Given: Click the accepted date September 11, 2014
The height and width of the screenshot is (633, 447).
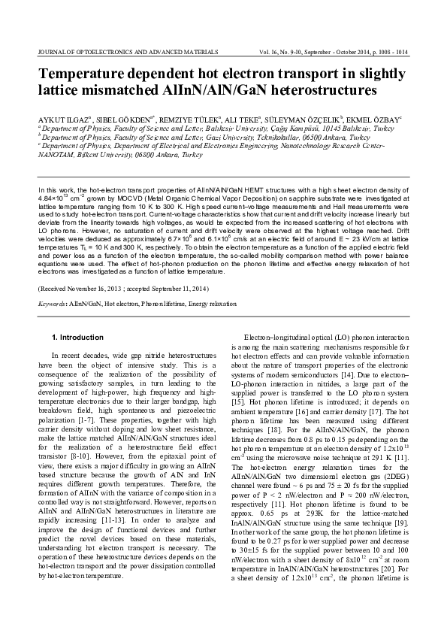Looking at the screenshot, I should click(178, 289).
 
